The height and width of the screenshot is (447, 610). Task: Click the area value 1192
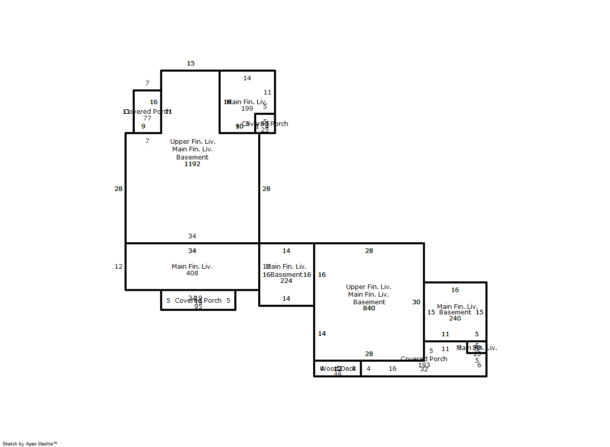click(192, 164)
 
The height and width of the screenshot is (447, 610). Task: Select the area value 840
click(369, 308)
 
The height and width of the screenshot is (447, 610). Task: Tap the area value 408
click(192, 273)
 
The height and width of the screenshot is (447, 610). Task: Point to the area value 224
click(286, 281)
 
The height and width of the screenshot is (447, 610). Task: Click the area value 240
click(455, 318)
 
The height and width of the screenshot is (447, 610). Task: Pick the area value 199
click(247, 109)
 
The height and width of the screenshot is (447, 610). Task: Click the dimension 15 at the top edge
click(191, 63)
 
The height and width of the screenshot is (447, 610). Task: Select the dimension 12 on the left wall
click(118, 267)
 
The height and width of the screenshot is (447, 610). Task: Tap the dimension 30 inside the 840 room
click(416, 302)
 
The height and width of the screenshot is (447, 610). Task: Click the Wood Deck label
click(338, 369)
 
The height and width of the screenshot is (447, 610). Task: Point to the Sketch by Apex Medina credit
click(30, 443)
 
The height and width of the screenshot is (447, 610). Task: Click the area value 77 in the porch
click(147, 118)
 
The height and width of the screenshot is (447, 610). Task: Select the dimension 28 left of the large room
click(118, 189)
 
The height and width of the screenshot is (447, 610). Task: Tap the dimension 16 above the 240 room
click(455, 290)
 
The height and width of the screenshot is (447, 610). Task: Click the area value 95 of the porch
click(198, 307)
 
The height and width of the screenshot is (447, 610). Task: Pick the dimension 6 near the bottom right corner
click(479, 365)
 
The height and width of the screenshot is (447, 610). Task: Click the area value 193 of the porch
click(424, 365)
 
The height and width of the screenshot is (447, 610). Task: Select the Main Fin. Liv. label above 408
click(192, 267)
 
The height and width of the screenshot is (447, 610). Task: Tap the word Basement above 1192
click(192, 157)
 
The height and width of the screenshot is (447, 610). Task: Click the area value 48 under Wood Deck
click(338, 375)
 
